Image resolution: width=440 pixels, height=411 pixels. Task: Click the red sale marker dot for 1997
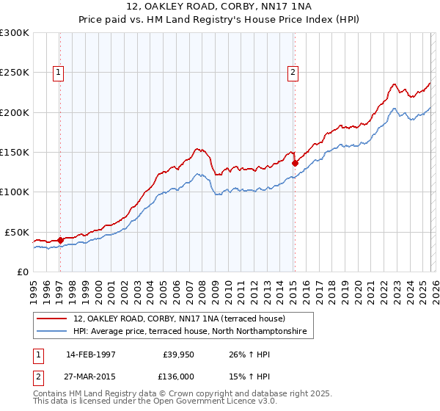60,240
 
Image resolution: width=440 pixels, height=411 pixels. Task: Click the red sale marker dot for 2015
295,164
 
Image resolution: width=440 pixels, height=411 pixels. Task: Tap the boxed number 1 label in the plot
58,72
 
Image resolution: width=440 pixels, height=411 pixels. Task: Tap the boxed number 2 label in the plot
293,72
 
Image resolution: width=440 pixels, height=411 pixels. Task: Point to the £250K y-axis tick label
15,73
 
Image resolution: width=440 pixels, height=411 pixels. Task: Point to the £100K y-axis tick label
15,192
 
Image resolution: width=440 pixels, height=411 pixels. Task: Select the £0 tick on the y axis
23,272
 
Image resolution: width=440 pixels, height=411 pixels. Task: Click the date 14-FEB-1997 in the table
90,354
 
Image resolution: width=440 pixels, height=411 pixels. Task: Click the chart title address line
219,8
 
